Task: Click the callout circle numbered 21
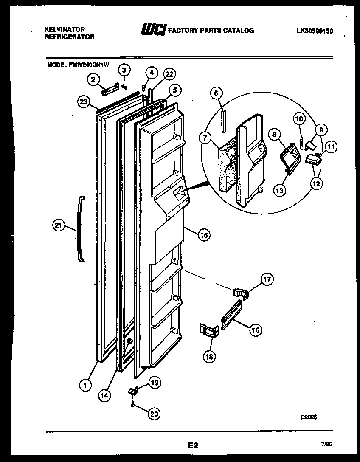click(59, 226)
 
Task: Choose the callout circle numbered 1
click(86, 385)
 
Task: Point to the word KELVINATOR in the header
click(65, 29)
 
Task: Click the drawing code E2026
click(309, 417)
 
